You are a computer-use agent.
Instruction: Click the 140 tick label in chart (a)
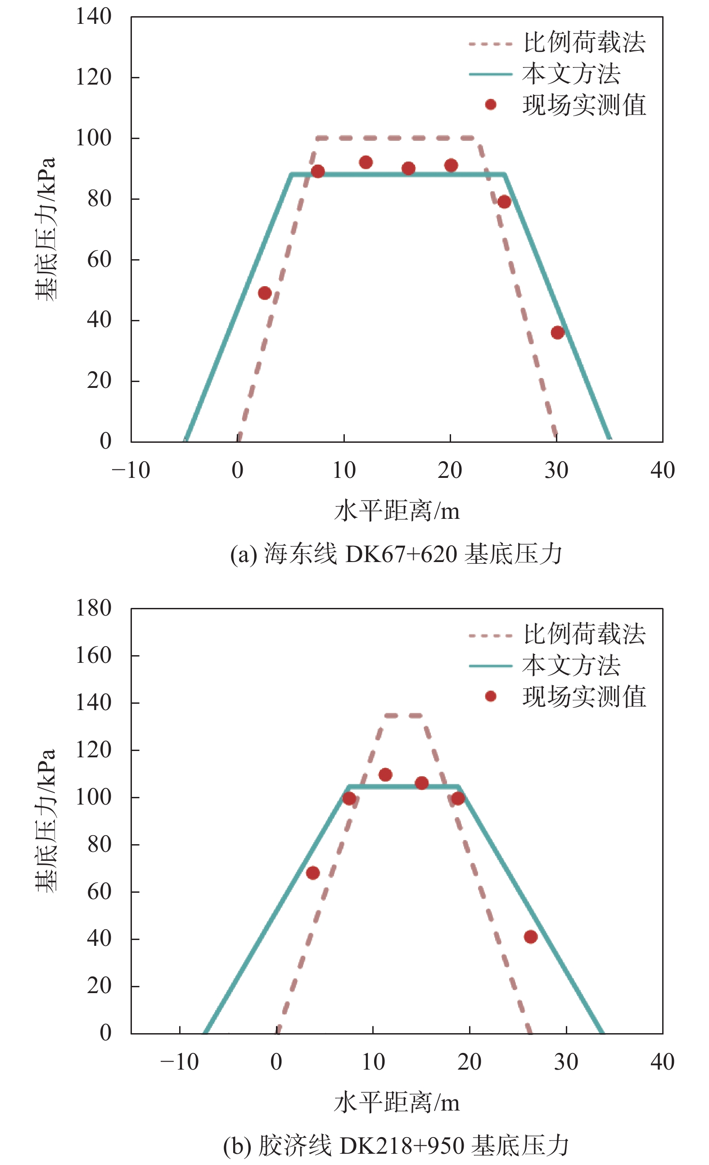click(94, 17)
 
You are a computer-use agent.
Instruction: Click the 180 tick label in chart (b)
click(94, 608)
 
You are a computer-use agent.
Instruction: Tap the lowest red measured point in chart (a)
click(558, 333)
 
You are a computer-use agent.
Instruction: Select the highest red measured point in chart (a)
click(366, 162)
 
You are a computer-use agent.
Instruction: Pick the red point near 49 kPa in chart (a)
click(265, 293)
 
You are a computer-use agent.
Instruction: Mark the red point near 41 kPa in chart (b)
click(531, 936)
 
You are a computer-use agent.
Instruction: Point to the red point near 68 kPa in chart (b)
click(313, 873)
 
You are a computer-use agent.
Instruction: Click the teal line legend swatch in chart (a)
click(491, 74)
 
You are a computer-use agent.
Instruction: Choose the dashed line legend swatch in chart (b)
click(491, 636)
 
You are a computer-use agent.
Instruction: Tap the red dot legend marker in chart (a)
click(491, 104)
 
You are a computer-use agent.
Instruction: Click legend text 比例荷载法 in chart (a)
click(584, 43)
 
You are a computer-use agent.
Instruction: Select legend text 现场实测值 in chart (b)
click(584, 697)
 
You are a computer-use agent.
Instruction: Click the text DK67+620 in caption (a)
click(401, 554)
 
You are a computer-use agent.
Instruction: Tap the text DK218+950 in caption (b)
click(401, 1146)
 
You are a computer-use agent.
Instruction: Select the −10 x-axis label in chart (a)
click(131, 470)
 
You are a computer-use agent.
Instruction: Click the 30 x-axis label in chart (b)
click(566, 1062)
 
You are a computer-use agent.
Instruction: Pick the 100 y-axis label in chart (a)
click(94, 138)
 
